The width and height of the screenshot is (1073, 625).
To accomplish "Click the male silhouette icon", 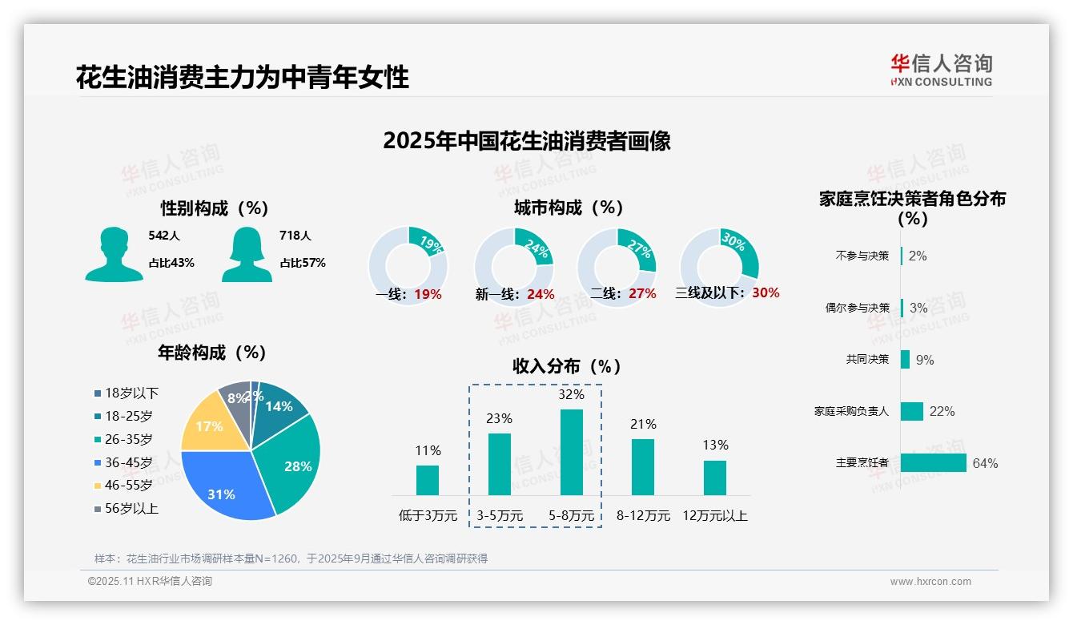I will tap(115, 255).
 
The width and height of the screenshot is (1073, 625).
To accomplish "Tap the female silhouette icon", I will tap(247, 255).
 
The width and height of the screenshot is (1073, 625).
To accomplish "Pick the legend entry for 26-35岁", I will tap(128, 439).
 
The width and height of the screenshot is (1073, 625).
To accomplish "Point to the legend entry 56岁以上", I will tap(131, 508).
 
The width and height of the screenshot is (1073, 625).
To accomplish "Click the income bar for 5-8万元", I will tap(572, 452).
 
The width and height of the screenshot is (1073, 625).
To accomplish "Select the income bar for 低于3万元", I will tap(428, 480).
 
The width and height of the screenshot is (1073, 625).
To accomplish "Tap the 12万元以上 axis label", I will tap(714, 516).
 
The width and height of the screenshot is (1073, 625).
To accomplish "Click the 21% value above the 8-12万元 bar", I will tap(643, 425).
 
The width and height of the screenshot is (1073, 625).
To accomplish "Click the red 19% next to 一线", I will tap(428, 294).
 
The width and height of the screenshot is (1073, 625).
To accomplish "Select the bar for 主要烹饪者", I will tap(933, 463).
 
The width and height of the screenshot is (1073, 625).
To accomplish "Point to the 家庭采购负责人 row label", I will tap(851, 411).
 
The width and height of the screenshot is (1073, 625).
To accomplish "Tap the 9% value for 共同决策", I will tap(925, 360).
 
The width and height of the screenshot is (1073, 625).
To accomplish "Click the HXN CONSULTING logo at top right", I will tap(941, 71).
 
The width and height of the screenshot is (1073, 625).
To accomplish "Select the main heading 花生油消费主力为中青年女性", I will tap(243, 78).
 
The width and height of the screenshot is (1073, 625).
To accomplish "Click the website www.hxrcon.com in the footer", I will tap(930, 582).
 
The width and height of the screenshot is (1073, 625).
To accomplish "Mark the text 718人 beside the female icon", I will tap(295, 236).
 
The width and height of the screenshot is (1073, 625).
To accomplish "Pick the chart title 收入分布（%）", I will tap(567, 366).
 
